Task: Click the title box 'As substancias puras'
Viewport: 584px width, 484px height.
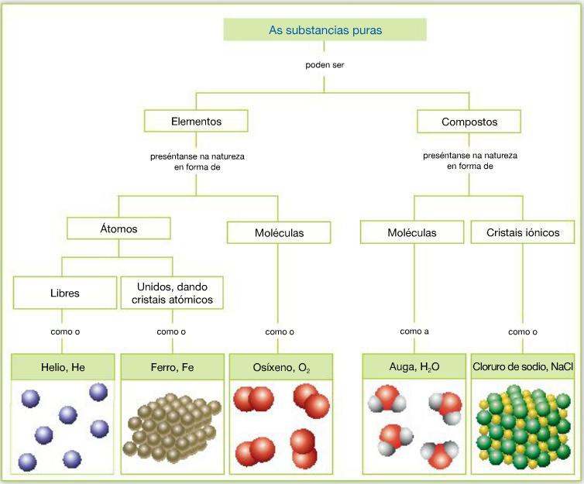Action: coord(325,29)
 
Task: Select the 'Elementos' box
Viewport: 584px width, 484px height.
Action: coord(196,121)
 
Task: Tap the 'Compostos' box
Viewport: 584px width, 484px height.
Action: coord(469,122)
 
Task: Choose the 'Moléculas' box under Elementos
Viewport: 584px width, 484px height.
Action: coord(279,232)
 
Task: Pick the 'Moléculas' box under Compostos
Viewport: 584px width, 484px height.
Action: coord(411,232)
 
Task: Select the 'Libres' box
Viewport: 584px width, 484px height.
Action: coord(64,293)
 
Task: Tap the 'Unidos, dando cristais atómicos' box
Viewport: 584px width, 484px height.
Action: coord(172,293)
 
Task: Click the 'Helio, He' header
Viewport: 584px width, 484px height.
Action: coord(64,366)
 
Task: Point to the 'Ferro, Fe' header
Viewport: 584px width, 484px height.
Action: coord(172,366)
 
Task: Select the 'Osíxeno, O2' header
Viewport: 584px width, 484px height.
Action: coord(280,366)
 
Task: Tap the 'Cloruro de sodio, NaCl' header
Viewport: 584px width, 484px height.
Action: coord(522,366)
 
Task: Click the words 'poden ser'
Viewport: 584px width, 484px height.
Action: coord(325,65)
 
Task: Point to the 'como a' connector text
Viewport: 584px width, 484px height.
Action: coord(414,331)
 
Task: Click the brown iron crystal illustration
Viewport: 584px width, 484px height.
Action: coord(172,426)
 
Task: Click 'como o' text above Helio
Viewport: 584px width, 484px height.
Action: coord(64,331)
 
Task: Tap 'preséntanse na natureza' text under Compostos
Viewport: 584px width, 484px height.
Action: coord(469,156)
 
